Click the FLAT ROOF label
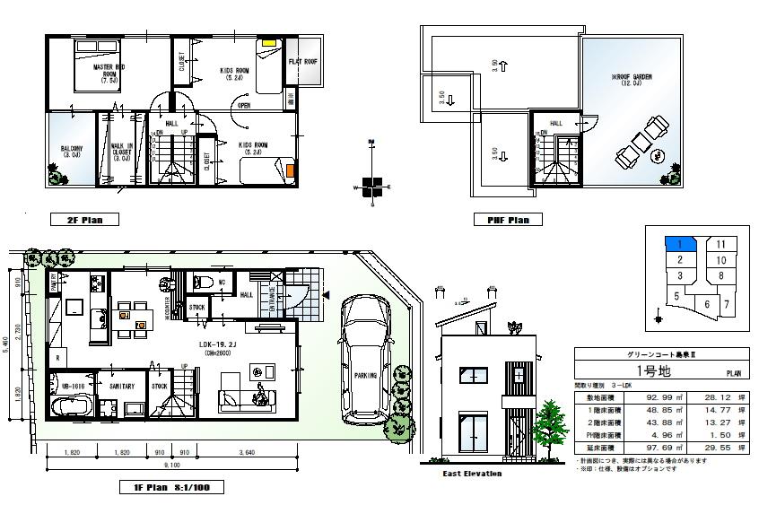pyautogui.click(x=302, y=62)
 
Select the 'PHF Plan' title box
pyautogui.click(x=507, y=220)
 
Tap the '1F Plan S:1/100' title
pyautogui.click(x=170, y=489)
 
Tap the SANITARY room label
pyautogui.click(x=122, y=387)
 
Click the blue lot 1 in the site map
pyautogui.click(x=680, y=243)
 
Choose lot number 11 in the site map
pyautogui.click(x=720, y=244)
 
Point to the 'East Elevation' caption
pyautogui.click(x=472, y=474)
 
